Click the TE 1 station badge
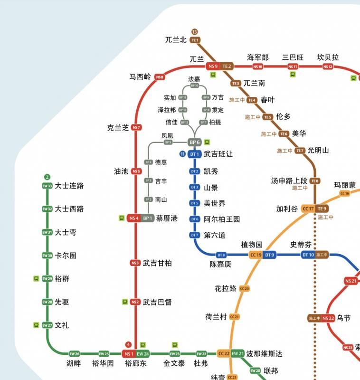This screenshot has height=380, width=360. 195,40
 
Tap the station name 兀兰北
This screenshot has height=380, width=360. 176,40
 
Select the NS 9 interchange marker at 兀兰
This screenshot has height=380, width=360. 213,66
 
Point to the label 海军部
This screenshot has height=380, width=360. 258,57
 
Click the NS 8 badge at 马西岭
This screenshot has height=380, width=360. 159,77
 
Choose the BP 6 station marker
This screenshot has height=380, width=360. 195,142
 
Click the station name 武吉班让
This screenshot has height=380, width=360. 218,154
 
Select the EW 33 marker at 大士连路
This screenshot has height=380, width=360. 47,186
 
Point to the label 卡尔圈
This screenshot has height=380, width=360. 66,256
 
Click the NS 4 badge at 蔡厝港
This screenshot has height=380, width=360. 133,218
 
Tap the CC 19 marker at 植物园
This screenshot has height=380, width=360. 256,255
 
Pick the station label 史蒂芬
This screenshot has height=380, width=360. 301,245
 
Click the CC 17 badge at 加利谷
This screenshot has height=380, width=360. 308,209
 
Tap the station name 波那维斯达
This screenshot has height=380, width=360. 264,354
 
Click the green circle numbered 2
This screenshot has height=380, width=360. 47,177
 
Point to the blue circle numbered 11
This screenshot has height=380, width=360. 182,154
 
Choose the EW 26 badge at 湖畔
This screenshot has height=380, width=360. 75,354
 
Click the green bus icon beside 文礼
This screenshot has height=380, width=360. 36,325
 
